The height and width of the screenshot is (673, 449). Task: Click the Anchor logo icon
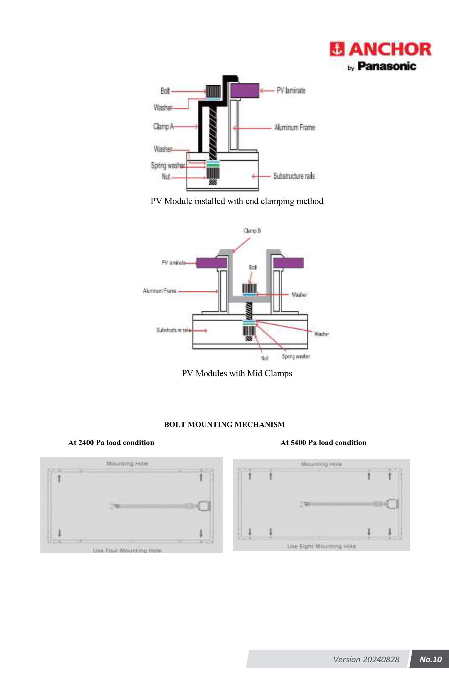[336, 49]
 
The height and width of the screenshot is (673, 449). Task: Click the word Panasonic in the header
[387, 66]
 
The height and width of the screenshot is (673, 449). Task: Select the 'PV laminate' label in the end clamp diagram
[291, 91]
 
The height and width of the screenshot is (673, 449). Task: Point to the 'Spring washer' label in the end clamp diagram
[168, 166]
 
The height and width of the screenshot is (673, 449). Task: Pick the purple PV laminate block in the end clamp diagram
[245, 90]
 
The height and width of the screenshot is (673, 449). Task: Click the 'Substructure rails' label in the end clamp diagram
[294, 176]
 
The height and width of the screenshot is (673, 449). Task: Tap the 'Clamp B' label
[252, 231]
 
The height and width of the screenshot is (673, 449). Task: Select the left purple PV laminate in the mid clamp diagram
[211, 263]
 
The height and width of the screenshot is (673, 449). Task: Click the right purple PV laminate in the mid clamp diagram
[288, 263]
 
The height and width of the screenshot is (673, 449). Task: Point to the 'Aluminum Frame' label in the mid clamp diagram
[159, 291]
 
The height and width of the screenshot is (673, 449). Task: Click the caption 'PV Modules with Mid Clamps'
[237, 373]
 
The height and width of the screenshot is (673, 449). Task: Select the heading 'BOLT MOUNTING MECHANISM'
[225, 424]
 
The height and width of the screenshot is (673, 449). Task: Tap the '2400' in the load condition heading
[86, 443]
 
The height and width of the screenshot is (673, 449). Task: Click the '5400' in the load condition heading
[298, 443]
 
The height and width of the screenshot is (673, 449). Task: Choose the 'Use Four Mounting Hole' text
[127, 551]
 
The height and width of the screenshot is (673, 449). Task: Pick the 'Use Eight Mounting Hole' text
[321, 546]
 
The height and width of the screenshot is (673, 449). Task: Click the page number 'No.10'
[430, 659]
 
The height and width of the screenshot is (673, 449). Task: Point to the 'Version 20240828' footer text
[366, 659]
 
